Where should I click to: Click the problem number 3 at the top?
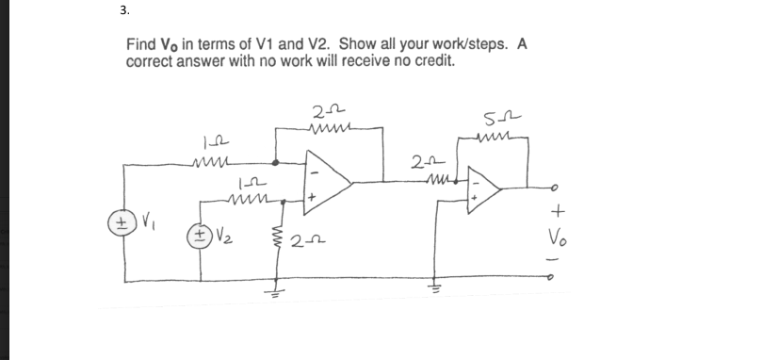124,11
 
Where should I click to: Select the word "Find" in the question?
141,45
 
